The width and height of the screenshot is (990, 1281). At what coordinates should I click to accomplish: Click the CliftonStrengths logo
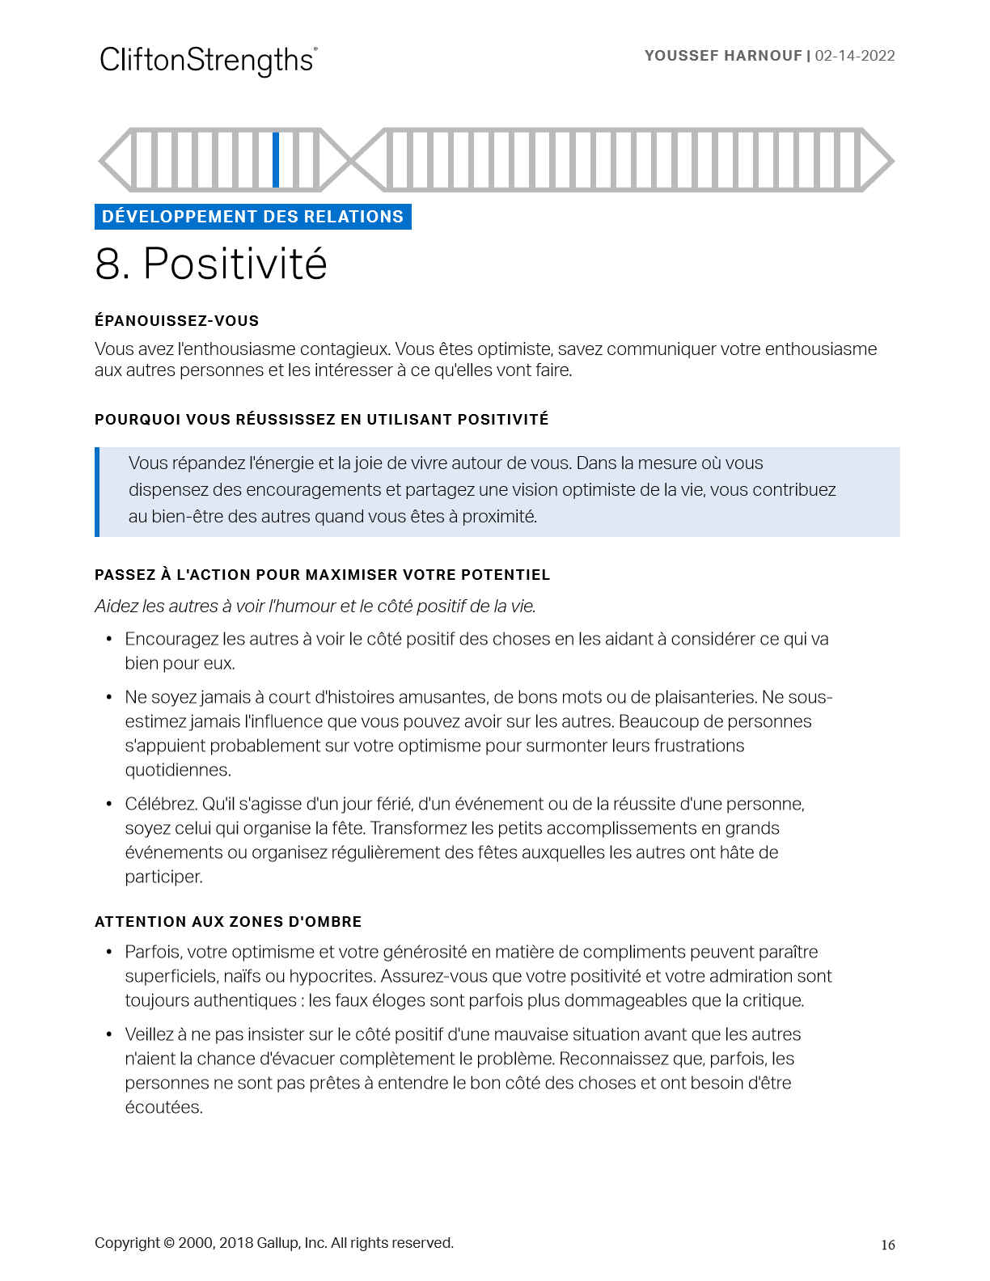(x=208, y=61)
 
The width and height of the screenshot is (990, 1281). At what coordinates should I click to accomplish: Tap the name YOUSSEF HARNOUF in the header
(x=722, y=56)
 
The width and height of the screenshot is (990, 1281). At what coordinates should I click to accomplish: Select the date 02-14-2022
(x=855, y=56)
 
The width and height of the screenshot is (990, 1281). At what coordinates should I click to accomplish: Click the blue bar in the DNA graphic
(x=276, y=160)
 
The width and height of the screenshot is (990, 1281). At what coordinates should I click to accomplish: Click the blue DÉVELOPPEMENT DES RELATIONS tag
(x=252, y=217)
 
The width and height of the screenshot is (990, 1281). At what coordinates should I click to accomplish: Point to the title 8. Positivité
(x=211, y=264)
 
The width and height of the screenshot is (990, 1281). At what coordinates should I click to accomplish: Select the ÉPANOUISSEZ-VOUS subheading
(x=176, y=321)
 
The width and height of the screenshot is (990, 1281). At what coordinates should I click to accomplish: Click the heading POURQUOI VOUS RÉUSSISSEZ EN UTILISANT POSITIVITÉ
(x=321, y=420)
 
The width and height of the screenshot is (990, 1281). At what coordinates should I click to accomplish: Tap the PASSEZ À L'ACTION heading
(x=322, y=575)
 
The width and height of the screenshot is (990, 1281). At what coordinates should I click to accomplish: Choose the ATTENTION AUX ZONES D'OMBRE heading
(x=228, y=922)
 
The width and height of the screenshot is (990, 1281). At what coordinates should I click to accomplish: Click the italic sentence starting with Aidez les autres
(x=315, y=607)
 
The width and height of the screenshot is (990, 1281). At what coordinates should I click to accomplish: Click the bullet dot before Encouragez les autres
(x=108, y=640)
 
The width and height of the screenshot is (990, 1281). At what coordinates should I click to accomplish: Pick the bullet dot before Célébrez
(x=108, y=805)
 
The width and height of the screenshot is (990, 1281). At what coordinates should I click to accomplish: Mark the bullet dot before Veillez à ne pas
(x=108, y=1035)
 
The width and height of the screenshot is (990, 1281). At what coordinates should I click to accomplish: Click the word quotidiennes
(x=178, y=771)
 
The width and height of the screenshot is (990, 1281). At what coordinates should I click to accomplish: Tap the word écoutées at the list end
(x=163, y=1108)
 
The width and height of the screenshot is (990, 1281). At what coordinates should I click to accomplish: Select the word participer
(x=163, y=877)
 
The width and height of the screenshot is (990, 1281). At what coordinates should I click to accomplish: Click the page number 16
(x=887, y=1245)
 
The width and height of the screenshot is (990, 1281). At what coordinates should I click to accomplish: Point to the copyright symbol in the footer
(x=169, y=1244)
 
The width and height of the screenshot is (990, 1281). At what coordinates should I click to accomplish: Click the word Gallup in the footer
(x=277, y=1244)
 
